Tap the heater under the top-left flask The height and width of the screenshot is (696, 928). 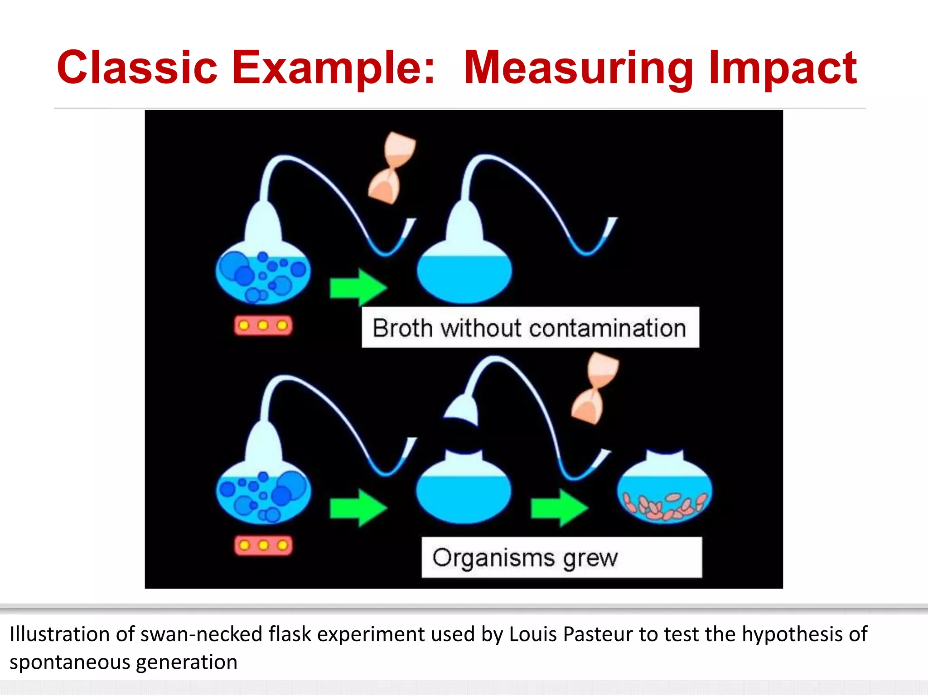(x=263, y=325)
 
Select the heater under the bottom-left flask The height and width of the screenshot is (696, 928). (x=263, y=545)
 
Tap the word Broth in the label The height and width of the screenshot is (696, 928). (x=402, y=328)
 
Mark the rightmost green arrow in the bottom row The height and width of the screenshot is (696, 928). (x=559, y=507)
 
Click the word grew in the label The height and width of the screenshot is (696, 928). (x=590, y=558)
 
